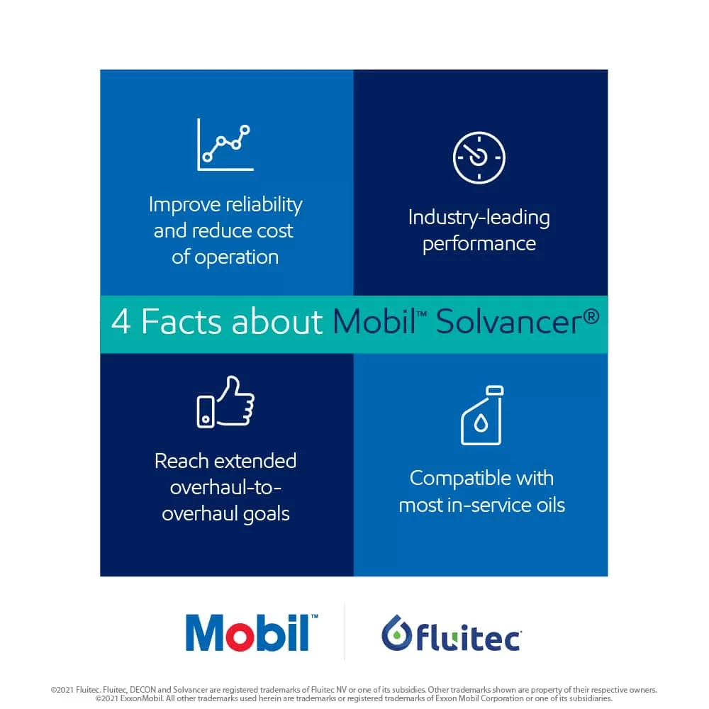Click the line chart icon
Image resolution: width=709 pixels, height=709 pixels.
[225, 145]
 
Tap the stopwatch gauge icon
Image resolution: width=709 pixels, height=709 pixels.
[479, 158]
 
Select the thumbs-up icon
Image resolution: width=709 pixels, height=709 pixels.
[225, 401]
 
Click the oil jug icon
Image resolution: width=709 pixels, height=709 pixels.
[482, 415]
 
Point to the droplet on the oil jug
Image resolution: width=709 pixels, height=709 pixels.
[481, 424]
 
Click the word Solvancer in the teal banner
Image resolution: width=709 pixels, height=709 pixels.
[509, 321]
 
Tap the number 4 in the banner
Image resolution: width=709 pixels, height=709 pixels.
[121, 321]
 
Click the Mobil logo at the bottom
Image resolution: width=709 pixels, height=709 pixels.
[252, 632]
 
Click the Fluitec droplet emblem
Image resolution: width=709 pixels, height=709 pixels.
[396, 632]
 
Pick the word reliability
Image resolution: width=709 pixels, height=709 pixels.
[264, 206]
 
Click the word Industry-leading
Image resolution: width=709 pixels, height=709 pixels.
[479, 218]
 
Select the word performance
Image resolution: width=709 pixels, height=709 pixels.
[479, 244]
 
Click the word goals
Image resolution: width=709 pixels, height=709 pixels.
[267, 514]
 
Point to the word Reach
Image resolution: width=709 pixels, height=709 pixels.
[183, 462]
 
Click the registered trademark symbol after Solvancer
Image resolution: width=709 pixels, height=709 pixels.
[591, 316]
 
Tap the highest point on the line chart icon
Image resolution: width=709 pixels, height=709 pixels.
[245, 130]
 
